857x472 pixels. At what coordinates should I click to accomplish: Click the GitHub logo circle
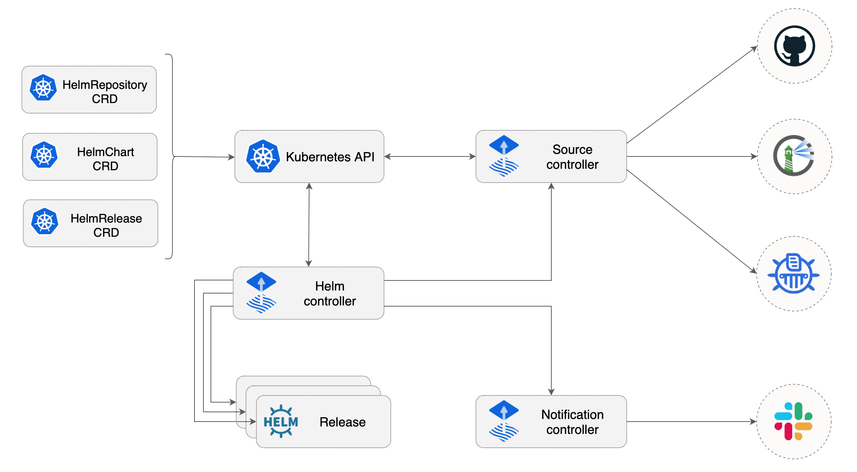pos(794,46)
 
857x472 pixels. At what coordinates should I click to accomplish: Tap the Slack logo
pos(794,421)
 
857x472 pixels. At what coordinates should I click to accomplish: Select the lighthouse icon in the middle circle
pos(794,156)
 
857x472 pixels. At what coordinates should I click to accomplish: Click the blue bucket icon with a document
pos(794,274)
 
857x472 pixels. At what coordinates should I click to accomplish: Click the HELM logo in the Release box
pos(281,421)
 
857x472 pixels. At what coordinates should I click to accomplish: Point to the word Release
pos(342,422)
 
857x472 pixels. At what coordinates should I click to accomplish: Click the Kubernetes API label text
pos(330,157)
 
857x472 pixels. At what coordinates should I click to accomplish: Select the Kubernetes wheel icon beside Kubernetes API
pos(263,156)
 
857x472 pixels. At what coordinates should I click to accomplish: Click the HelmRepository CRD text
pos(105,91)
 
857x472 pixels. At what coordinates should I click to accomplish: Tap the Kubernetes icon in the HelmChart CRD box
pos(44,155)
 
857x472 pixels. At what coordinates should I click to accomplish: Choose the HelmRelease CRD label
pos(106,225)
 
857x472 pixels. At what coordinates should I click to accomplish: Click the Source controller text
pos(572,157)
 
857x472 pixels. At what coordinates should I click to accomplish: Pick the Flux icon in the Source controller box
pos(504,156)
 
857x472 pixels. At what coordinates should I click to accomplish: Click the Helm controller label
pos(330,294)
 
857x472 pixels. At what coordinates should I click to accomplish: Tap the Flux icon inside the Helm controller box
pos(261,292)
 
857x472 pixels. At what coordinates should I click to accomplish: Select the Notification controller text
pos(572,422)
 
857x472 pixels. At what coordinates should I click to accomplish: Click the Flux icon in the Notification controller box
pos(504,421)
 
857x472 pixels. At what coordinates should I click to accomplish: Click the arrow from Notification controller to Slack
pos(691,422)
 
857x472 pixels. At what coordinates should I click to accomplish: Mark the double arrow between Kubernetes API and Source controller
pos(429,156)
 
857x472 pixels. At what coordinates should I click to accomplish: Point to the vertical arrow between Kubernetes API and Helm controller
pos(309,224)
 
